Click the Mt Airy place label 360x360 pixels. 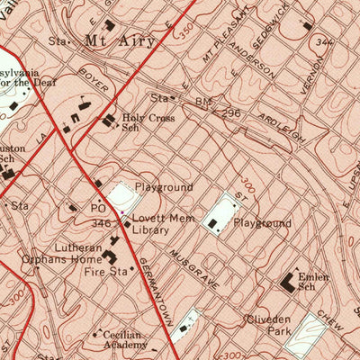point(119,40)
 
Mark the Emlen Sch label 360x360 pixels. point(313,283)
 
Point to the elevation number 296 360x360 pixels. point(231,114)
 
